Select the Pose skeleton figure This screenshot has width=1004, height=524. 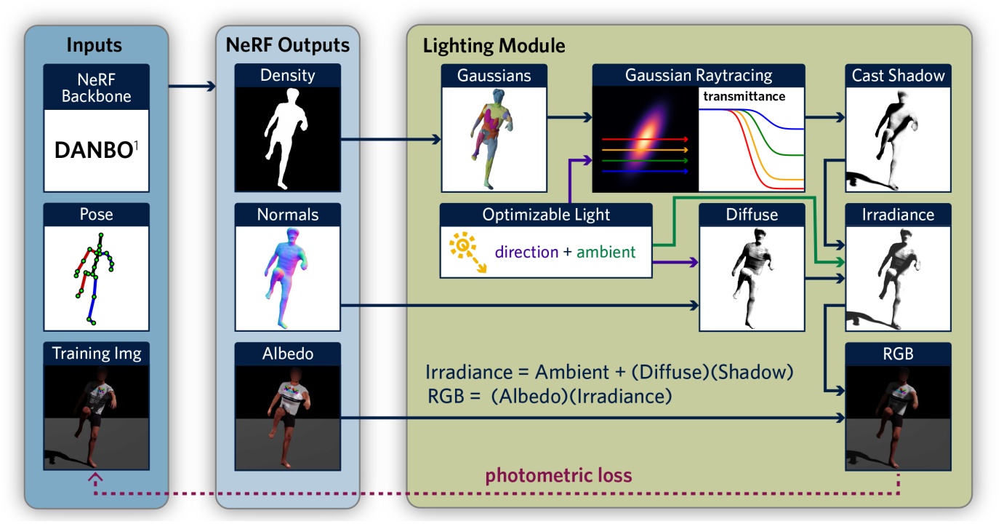[94, 277]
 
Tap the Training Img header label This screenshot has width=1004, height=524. [97, 354]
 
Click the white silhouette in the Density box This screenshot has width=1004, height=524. [286, 138]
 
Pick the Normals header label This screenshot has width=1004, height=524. [287, 215]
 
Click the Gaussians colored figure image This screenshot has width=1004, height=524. [494, 138]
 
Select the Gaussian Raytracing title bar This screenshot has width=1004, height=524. [698, 75]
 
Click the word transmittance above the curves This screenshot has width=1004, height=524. [744, 96]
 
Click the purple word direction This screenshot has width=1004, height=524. [526, 253]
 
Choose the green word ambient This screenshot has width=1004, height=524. [606, 253]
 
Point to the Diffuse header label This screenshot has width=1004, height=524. [752, 215]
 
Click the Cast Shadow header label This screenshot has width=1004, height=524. [899, 75]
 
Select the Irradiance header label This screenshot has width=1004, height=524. [899, 215]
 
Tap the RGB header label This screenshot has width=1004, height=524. [899, 354]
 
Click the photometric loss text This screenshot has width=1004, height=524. [558, 476]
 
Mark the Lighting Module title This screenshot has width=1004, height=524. [494, 46]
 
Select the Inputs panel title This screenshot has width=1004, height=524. [94, 45]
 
